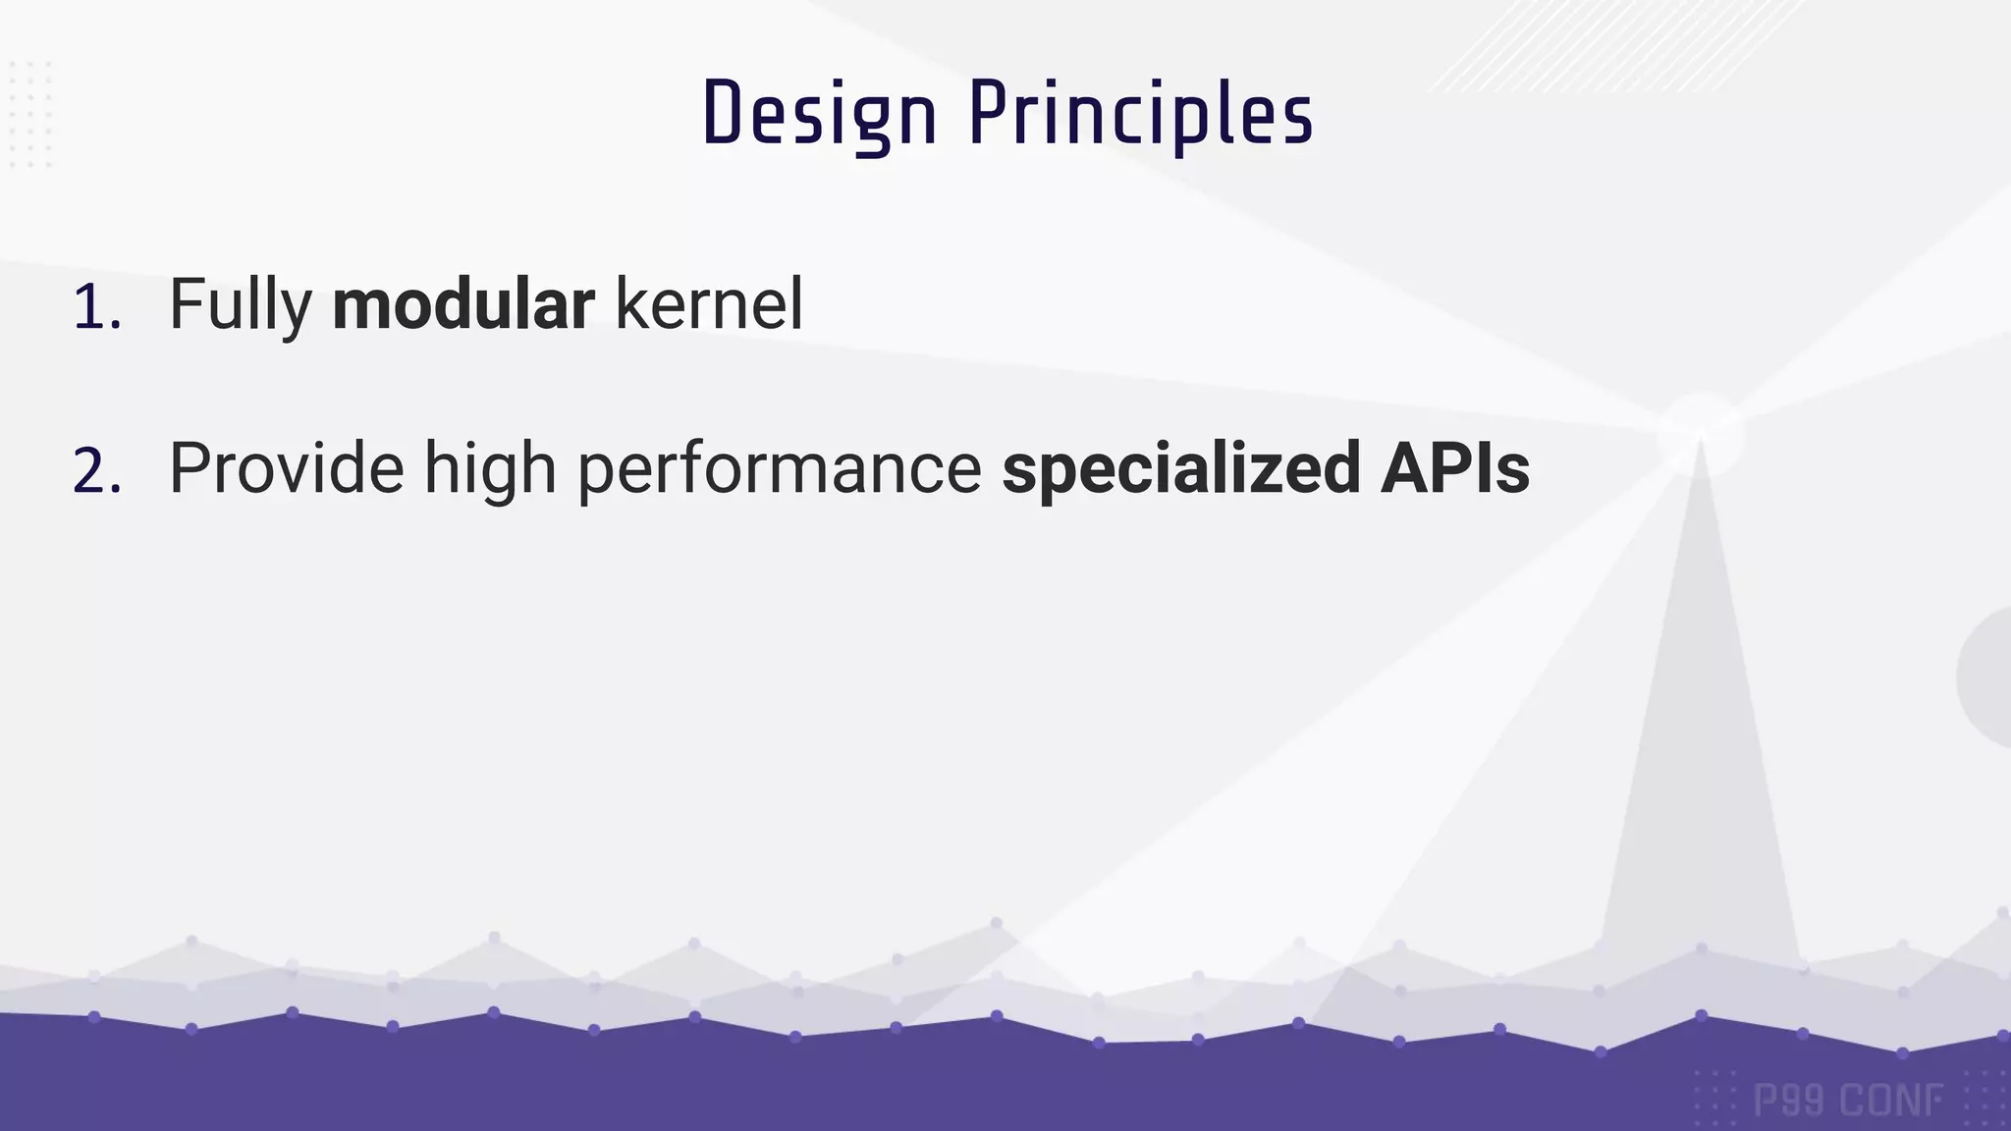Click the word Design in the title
(819, 115)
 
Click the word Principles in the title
(1141, 115)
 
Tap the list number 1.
(96, 307)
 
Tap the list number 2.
(97, 472)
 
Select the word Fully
(241, 305)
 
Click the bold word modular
(462, 304)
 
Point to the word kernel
(708, 304)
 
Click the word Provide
(286, 468)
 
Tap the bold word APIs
(1455, 468)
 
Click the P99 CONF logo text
(1847, 1101)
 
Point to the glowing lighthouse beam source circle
(1700, 433)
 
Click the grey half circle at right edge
(1986, 677)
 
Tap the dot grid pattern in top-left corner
(29, 113)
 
